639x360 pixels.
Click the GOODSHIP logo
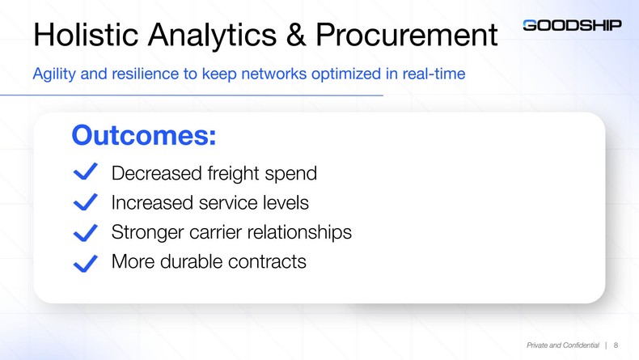(x=572, y=25)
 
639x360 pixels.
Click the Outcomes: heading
(x=143, y=134)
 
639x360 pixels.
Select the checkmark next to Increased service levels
(x=85, y=201)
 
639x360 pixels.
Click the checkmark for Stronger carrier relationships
(x=85, y=232)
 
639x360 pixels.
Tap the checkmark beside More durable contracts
(x=85, y=263)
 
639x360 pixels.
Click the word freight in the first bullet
(x=234, y=174)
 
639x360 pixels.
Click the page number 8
(x=617, y=345)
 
